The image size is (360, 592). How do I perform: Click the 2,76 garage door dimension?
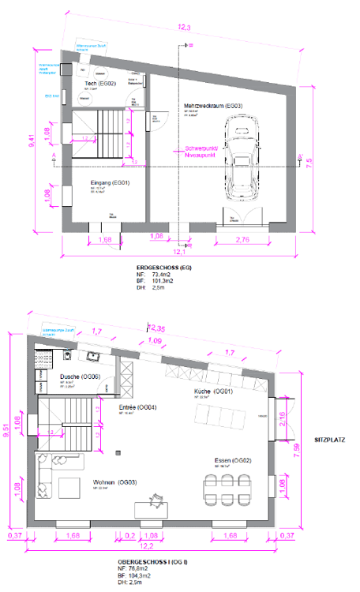tap(242, 238)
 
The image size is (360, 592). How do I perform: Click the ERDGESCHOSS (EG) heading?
tap(164, 268)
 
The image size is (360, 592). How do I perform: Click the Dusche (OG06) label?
tap(80, 377)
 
